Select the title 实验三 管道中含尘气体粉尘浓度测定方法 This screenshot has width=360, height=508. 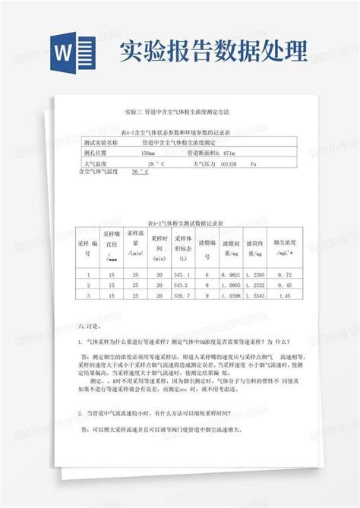point(179,112)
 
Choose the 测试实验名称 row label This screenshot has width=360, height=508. point(100,142)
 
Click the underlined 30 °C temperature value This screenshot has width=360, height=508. point(139,173)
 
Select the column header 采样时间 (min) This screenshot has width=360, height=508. point(159,248)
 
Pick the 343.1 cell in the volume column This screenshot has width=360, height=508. point(181,275)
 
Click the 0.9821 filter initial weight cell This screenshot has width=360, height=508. point(232,275)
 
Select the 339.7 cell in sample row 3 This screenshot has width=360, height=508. point(181,296)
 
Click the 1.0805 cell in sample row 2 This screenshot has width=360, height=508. point(232,286)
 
